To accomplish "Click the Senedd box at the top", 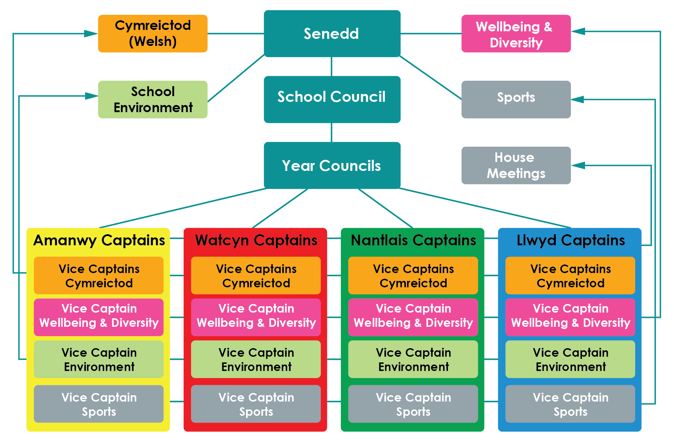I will pyautogui.click(x=332, y=33).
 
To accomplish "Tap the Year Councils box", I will pyautogui.click(x=332, y=165).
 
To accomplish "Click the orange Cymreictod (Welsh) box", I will pyautogui.click(x=152, y=33).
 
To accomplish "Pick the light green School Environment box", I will pyautogui.click(x=152, y=99).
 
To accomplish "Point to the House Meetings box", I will pyautogui.click(x=516, y=165).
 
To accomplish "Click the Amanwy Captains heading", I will pyautogui.click(x=99, y=240).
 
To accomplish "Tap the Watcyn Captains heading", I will pyautogui.click(x=256, y=240).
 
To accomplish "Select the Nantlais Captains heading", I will pyautogui.click(x=413, y=240).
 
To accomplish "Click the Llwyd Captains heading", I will pyautogui.click(x=570, y=240).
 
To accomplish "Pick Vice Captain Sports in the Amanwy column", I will pyautogui.click(x=99, y=404).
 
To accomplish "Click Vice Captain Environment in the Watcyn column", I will pyautogui.click(x=256, y=359).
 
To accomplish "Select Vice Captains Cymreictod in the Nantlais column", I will pyautogui.click(x=413, y=276).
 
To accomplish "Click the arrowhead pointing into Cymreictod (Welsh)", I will pyautogui.click(x=91, y=34).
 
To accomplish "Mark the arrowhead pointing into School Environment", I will pyautogui.click(x=92, y=96).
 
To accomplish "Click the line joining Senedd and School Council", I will pyautogui.click(x=332, y=67).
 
